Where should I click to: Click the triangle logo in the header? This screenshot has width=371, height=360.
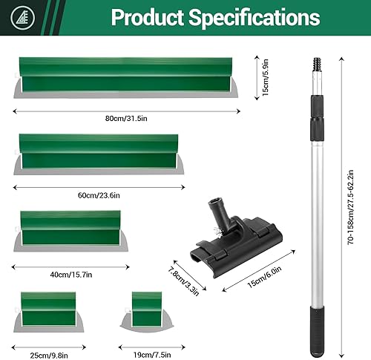coord(23,18)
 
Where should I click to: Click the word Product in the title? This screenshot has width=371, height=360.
coord(147,17)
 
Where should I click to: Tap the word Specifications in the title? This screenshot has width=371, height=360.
coord(255,18)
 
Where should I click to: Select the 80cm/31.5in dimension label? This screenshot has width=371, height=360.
coord(126,119)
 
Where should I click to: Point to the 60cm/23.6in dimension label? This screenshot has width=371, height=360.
coord(99,195)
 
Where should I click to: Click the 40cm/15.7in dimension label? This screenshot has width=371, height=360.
coord(71,275)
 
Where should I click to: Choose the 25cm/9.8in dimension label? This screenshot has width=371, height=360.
coord(49,356)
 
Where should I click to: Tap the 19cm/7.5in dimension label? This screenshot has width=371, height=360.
coord(152,355)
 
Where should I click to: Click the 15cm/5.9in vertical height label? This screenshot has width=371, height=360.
coord(265,78)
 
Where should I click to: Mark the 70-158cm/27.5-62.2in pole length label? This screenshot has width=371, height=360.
coord(350,207)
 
